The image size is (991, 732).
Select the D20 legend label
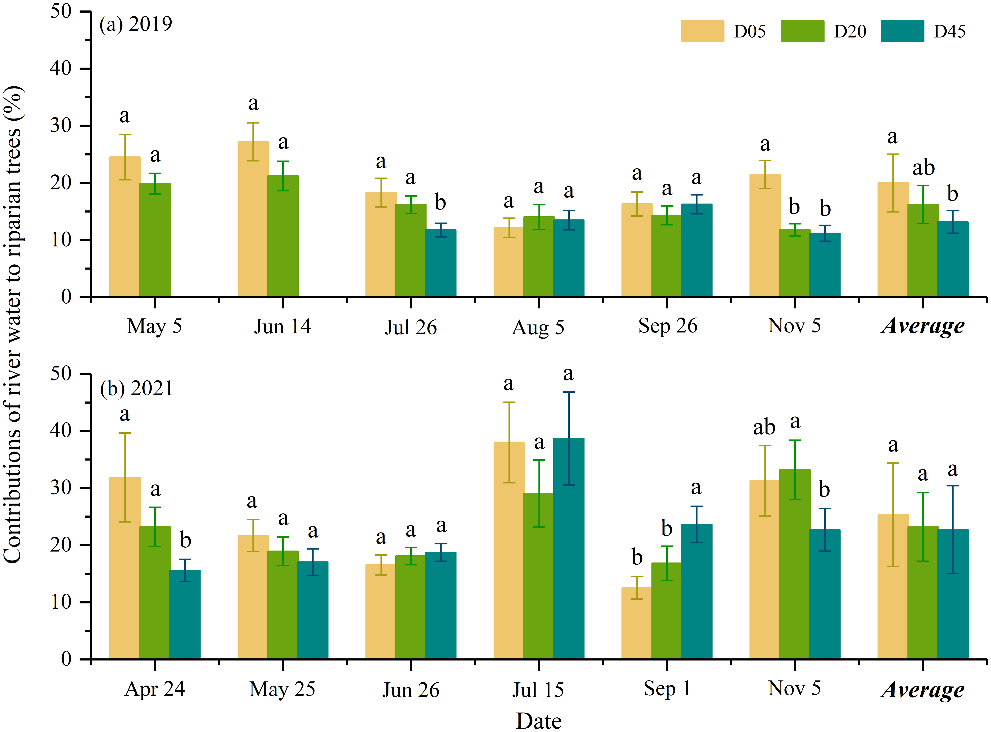tap(849, 31)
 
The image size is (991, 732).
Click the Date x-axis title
tap(539, 721)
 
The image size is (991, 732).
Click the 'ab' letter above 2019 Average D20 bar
tap(923, 168)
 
